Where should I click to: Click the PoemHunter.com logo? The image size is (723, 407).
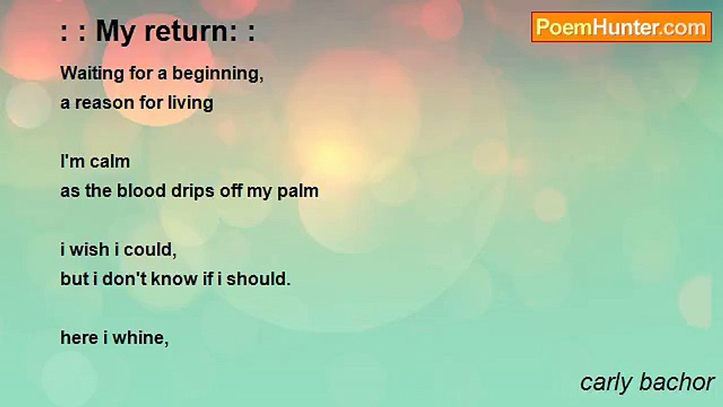pos(621,27)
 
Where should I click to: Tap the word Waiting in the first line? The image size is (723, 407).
pos(92,73)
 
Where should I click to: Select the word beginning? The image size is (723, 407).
pos(218,74)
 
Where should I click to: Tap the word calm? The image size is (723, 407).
pos(110,161)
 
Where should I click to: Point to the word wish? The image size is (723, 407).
pos(89,250)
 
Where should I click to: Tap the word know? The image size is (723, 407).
pos(175,279)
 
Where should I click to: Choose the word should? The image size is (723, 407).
pos(259,279)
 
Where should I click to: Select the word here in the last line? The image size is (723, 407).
pos(80,338)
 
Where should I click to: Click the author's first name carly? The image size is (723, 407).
pos(606,383)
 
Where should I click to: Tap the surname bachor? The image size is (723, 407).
pos(676,382)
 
